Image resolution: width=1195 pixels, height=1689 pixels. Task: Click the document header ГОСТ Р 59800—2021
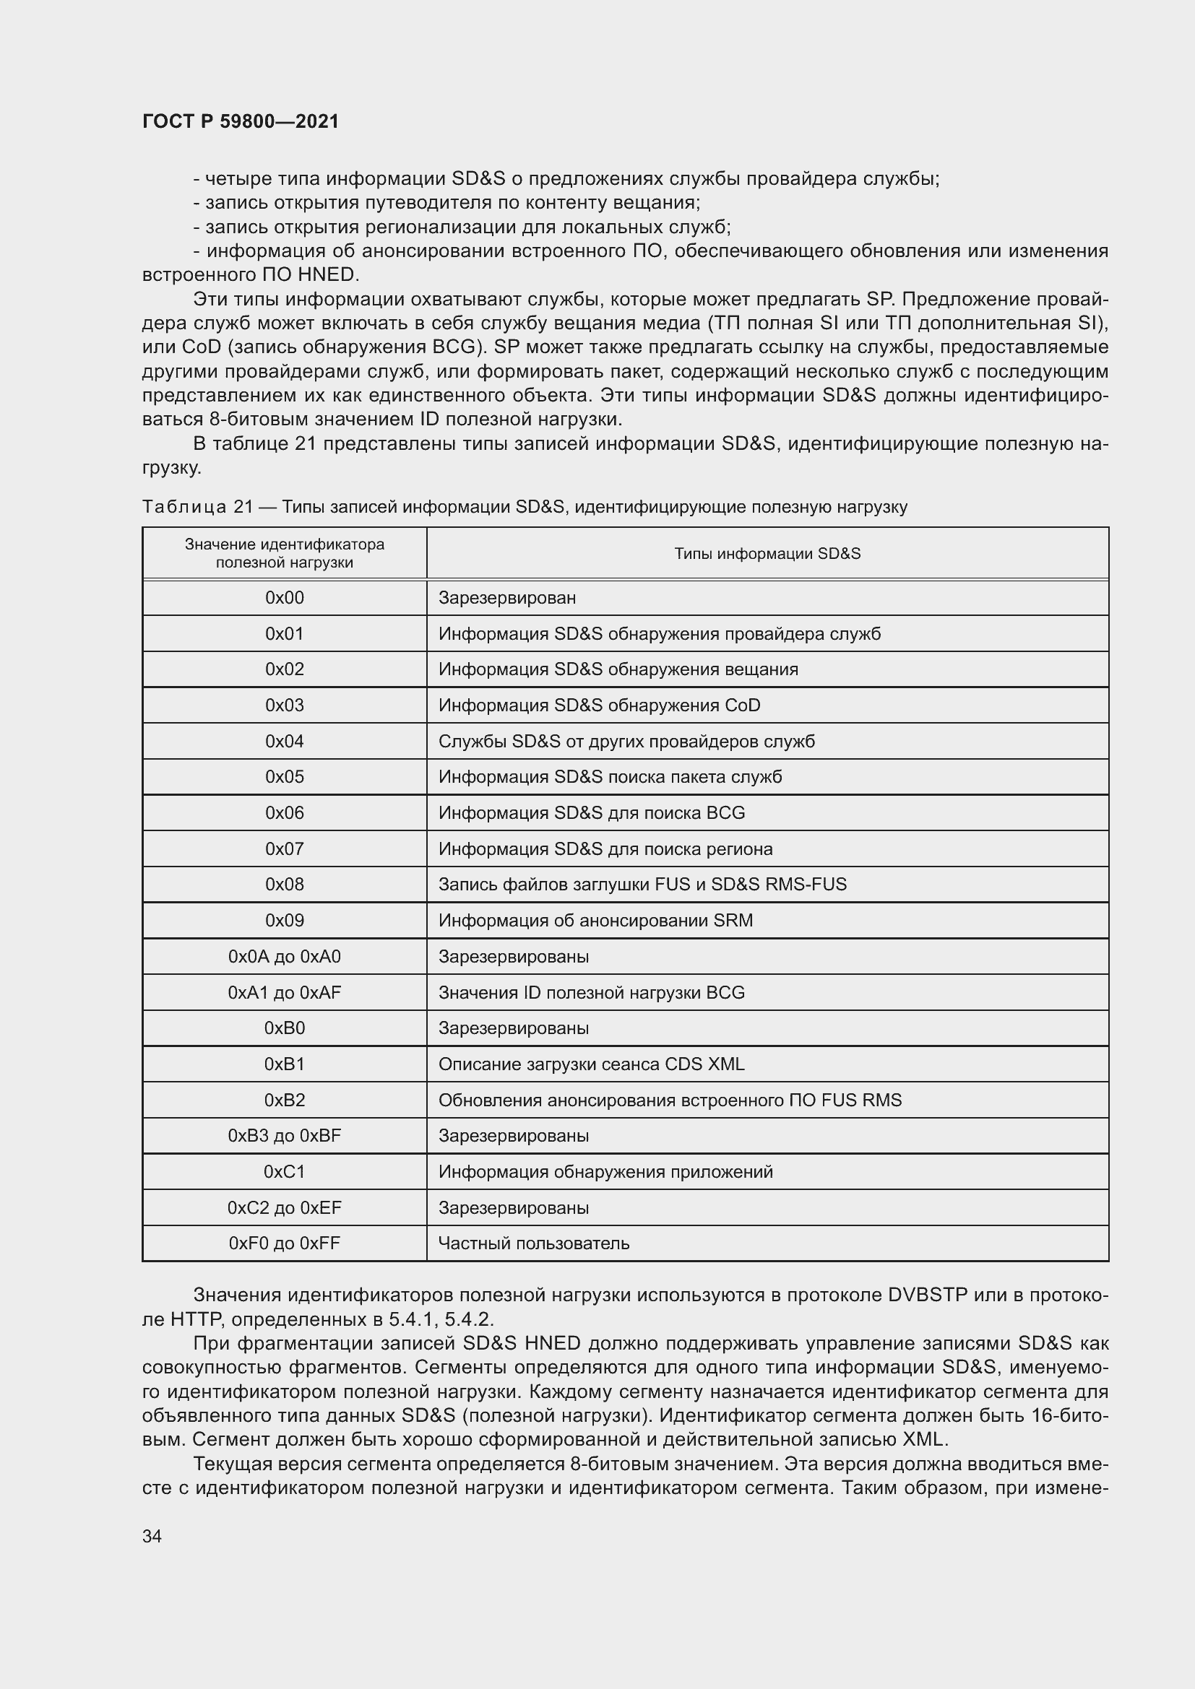coord(241,121)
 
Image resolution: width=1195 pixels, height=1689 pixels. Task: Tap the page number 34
coord(152,1536)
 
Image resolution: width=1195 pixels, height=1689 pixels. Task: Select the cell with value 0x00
coord(284,598)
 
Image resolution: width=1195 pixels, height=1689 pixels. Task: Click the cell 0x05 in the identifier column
coord(284,777)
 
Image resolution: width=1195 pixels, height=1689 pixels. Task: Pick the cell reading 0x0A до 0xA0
coord(284,956)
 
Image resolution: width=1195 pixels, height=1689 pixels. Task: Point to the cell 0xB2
coord(284,1100)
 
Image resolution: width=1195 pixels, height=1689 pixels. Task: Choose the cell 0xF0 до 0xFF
coord(284,1243)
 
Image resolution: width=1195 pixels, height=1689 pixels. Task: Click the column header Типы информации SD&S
coord(767,553)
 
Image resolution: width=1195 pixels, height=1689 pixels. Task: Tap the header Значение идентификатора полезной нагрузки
coord(284,553)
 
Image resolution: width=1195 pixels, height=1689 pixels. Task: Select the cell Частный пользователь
coord(533,1243)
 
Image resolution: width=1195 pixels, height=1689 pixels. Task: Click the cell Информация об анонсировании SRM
coord(595,921)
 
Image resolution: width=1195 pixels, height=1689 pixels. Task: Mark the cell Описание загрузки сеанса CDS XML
coord(591,1064)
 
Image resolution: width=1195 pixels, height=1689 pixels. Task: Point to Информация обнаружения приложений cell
coord(605,1172)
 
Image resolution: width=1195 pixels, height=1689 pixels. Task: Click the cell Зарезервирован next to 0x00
coord(507,598)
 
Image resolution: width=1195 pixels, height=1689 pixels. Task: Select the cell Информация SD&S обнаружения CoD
coord(599,705)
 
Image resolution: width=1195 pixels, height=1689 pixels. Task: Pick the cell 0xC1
coord(284,1172)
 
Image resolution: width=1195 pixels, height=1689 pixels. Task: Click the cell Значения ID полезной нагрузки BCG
coord(591,992)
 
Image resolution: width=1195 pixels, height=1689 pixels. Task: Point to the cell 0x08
coord(284,885)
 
